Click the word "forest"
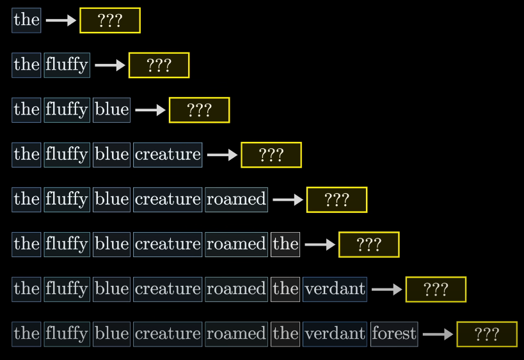394,334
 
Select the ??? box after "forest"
487,334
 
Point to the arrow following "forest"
438,334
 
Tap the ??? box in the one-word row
110,20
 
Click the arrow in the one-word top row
61,20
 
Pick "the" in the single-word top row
26,20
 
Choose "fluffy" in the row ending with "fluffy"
67,65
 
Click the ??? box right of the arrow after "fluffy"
159,65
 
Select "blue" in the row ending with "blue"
111,110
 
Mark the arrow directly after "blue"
150,110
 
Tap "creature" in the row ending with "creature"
168,155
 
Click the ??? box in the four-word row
271,155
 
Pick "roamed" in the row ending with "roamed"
236,200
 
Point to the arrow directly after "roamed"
288,200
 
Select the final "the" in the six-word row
285,244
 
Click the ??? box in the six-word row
369,244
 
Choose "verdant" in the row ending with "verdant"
335,289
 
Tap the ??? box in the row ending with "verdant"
436,289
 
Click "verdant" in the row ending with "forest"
335,334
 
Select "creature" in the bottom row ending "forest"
168,334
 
